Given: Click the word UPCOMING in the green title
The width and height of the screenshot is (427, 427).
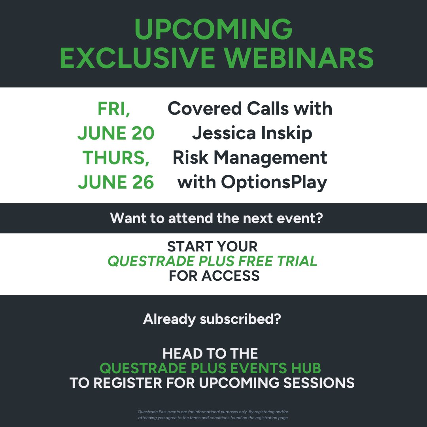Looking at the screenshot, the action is (213, 29).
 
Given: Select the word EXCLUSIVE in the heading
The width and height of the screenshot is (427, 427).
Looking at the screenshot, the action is (137, 58).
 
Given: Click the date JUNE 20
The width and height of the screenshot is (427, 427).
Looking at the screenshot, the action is (116, 133).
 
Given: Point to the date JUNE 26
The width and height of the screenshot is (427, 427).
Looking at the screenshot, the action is (116, 182).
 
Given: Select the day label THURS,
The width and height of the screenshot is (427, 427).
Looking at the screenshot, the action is (116, 158).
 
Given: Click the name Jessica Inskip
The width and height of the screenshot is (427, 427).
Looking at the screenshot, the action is (252, 134).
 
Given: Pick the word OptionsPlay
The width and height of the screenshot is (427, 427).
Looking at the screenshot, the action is (274, 183).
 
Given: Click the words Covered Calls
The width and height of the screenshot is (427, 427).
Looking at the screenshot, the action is (228, 108).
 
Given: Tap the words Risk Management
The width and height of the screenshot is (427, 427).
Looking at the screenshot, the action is (250, 158).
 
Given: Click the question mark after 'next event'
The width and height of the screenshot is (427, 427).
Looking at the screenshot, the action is (320, 218).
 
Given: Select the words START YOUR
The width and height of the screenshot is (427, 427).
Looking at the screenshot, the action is (212, 246).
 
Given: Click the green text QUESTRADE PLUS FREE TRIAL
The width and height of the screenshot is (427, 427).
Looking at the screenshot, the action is (212, 261).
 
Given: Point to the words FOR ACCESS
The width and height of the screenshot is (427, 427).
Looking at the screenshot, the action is (214, 276).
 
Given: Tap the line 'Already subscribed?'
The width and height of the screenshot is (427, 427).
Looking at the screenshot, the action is (212, 319).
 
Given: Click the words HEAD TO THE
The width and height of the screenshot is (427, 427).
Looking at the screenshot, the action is (210, 354).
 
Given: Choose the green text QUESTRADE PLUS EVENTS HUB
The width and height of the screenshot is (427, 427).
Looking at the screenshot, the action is (210, 368).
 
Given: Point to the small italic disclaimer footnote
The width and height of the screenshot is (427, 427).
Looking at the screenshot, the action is (213, 415).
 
